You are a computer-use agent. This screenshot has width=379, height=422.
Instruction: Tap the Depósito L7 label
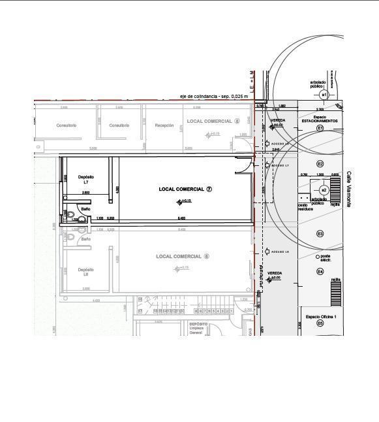coord(86,180)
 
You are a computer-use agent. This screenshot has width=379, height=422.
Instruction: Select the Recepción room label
coord(164,125)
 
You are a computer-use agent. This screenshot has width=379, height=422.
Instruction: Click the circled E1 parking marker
coord(320,129)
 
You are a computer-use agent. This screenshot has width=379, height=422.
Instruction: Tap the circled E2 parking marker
coord(320,164)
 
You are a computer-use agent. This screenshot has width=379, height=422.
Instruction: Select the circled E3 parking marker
coord(320,234)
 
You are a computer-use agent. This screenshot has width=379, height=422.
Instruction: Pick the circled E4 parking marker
coord(320,271)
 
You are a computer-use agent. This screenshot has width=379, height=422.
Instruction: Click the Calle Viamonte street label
coord(349,189)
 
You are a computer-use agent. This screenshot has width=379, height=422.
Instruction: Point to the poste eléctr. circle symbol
coord(318,257)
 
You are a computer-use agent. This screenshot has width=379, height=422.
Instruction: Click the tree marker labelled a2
coord(324,190)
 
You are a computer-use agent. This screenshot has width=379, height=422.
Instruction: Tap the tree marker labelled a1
coord(324,95)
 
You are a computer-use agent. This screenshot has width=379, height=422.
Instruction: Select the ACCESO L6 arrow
coord(267,252)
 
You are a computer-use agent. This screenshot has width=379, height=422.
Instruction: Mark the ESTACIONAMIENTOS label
coord(320,121)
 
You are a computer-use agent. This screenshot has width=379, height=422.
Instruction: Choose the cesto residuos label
coord(305,206)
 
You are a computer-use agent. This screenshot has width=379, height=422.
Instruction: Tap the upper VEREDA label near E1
coord(278,120)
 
